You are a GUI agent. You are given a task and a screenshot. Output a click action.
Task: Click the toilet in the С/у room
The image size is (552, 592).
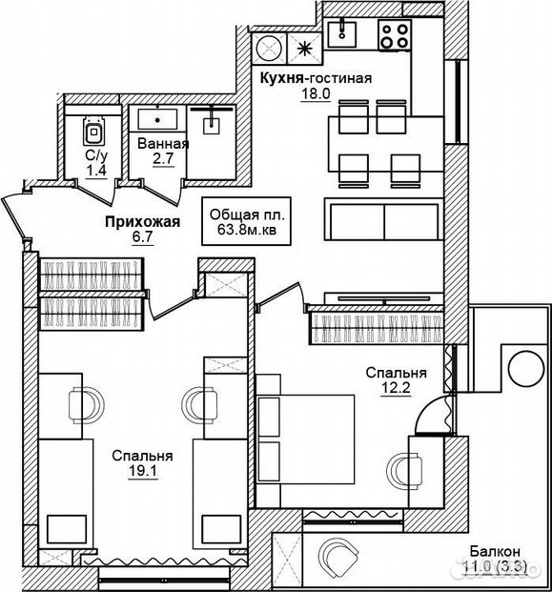point(93,131)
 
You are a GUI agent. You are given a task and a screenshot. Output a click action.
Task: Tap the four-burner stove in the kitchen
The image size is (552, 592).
point(395,34)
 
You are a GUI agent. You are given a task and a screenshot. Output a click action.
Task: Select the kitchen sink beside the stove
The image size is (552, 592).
point(342,34)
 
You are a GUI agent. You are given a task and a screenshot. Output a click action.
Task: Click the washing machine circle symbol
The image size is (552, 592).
point(269,48)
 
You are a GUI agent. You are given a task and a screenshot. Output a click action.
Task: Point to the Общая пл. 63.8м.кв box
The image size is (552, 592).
point(246,221)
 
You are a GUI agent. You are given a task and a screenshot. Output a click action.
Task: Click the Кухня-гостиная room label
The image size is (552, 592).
point(316,78)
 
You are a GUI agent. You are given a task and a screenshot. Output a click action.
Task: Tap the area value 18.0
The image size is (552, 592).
point(316,93)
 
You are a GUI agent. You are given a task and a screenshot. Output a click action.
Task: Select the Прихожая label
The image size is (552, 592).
point(142,222)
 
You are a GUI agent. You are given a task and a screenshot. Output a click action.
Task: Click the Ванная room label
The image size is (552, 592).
point(163,144)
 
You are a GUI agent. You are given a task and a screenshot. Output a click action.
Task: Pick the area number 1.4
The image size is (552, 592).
point(96,171)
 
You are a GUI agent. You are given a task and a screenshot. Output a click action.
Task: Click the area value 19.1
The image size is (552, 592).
point(143,471)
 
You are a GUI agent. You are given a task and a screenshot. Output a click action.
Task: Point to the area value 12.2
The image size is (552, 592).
point(396,388)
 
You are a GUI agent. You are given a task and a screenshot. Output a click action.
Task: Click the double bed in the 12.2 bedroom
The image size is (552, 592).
point(305,439)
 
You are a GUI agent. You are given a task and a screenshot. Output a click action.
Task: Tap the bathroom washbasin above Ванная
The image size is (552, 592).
point(157,119)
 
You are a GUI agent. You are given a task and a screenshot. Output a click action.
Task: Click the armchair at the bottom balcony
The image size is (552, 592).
point(337,554)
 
